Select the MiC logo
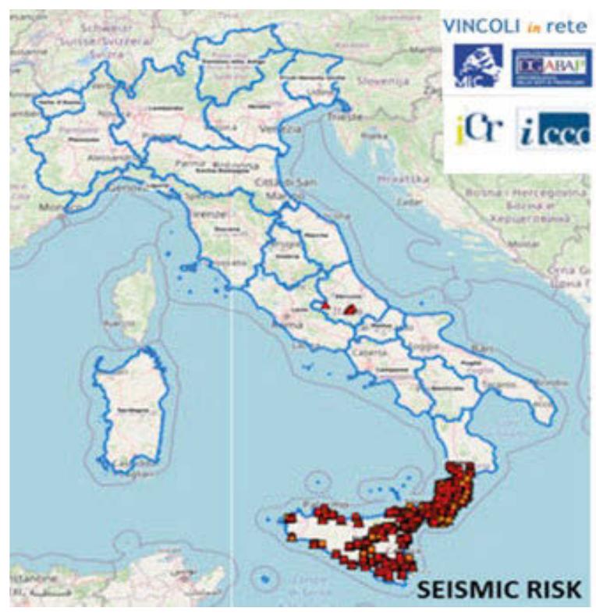click(478, 67)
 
